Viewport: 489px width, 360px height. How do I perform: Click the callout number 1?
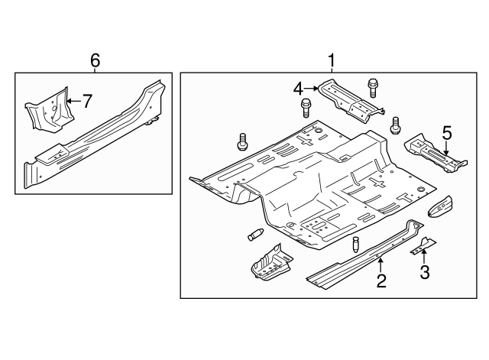(x=332, y=60)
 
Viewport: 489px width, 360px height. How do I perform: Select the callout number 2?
(x=381, y=281)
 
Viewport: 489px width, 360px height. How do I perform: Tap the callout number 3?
(x=425, y=271)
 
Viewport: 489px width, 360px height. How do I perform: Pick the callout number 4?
(x=298, y=89)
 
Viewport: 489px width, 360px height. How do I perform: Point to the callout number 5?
(x=447, y=133)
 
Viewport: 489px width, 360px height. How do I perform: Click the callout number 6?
(x=95, y=60)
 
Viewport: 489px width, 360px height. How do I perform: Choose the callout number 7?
(x=87, y=101)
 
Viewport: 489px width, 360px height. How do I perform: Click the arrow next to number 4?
(x=311, y=89)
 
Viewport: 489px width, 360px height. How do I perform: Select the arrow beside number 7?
(x=73, y=101)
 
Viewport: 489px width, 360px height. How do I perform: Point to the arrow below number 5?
(x=446, y=148)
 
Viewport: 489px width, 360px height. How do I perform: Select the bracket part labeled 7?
(x=50, y=109)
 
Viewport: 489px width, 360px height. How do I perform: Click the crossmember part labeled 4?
(x=351, y=100)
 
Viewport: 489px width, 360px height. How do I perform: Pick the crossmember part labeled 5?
(x=436, y=153)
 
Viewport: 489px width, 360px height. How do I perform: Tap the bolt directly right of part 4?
(x=373, y=88)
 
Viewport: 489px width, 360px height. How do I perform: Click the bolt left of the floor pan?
(x=242, y=142)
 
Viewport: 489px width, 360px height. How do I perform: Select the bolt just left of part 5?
(x=395, y=125)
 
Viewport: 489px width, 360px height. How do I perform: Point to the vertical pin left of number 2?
(x=356, y=245)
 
